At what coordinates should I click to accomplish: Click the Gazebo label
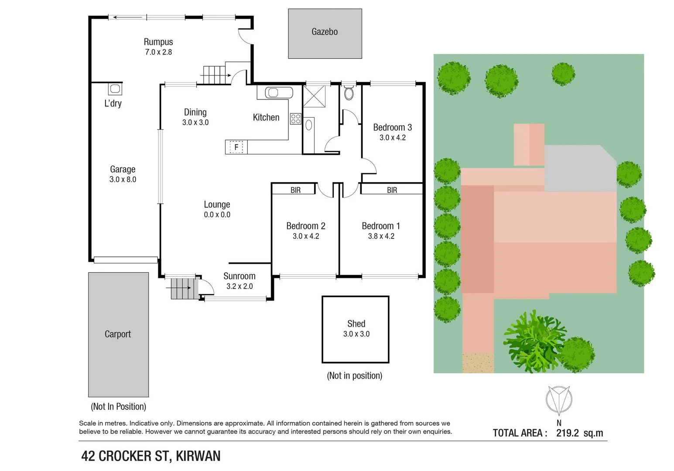click(325, 32)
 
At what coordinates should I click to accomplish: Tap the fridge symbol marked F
click(236, 147)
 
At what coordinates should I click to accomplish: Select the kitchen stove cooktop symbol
click(295, 119)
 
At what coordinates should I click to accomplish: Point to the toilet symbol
click(349, 93)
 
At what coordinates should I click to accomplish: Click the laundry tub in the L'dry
click(115, 89)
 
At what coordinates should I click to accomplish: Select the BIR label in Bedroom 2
click(295, 190)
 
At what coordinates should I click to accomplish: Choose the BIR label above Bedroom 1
click(392, 190)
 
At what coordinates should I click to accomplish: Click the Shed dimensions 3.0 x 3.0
click(356, 334)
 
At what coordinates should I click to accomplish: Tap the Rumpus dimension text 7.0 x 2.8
click(158, 52)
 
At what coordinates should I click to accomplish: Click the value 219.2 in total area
click(567, 433)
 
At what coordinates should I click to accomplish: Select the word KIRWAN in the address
click(198, 456)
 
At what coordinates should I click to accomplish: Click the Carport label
click(118, 334)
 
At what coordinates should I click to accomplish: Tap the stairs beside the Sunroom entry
click(180, 288)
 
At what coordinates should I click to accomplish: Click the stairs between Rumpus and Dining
click(214, 75)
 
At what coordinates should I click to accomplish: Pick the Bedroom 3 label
click(392, 127)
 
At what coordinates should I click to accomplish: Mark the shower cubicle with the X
click(314, 96)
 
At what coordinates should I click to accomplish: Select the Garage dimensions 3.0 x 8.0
click(123, 179)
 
